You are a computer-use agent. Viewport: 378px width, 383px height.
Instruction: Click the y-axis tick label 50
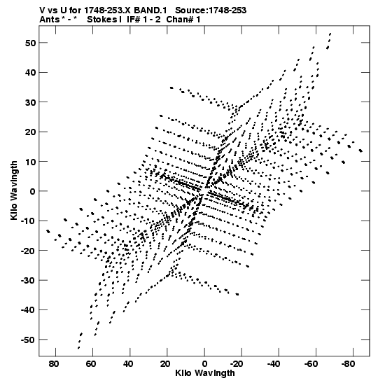(30, 43)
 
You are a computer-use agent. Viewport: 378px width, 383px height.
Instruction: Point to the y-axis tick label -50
(28, 340)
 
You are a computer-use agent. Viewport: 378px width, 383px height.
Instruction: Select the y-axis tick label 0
(33, 191)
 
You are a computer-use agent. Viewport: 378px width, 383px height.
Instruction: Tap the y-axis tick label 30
(30, 102)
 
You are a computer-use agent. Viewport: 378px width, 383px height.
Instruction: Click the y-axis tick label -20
(28, 251)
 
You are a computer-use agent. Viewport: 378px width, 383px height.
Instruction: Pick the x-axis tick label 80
(54, 364)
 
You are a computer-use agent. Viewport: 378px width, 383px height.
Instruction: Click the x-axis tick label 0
(204, 364)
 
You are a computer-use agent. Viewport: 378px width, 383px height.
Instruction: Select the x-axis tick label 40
(128, 364)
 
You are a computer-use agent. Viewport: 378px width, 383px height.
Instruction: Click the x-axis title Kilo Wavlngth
(205, 373)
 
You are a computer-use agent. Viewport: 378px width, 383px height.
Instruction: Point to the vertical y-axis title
(14, 190)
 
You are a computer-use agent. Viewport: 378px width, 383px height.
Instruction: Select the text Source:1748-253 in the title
(211, 11)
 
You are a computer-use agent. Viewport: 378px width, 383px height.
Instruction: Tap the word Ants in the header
(49, 20)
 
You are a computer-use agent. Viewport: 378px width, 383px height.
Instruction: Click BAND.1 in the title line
(150, 11)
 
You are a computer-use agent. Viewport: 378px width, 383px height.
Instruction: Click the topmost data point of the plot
(330, 34)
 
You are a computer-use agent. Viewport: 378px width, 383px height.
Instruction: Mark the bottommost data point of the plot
(78, 348)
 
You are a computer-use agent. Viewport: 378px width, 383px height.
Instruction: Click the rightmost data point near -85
(360, 151)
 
